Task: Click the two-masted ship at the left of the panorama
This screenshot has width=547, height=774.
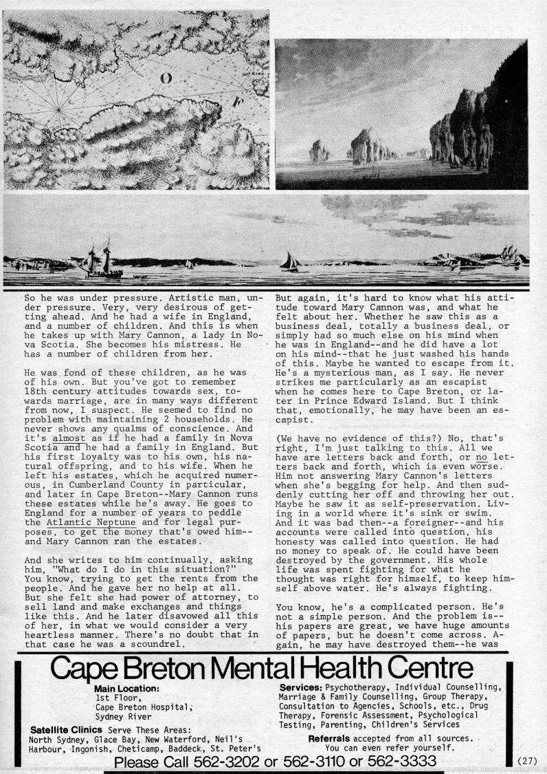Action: click(x=101, y=261)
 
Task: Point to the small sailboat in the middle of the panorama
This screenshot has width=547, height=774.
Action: click(x=289, y=261)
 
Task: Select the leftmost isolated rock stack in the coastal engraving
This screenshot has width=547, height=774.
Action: click(x=318, y=151)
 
